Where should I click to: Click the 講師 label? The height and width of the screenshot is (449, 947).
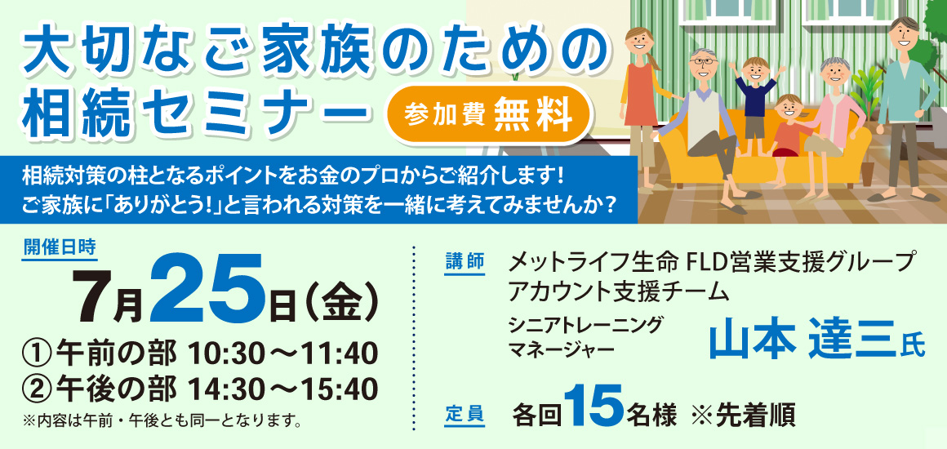coord(465,261)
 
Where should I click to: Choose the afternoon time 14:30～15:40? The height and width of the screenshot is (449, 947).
coord(283,389)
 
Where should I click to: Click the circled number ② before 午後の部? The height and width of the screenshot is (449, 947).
coord(36,389)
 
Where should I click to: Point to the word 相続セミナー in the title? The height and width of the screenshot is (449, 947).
coord(193,113)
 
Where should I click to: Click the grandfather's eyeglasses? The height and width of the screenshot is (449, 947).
coord(704,62)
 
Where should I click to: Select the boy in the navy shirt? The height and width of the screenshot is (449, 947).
coord(755,104)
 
